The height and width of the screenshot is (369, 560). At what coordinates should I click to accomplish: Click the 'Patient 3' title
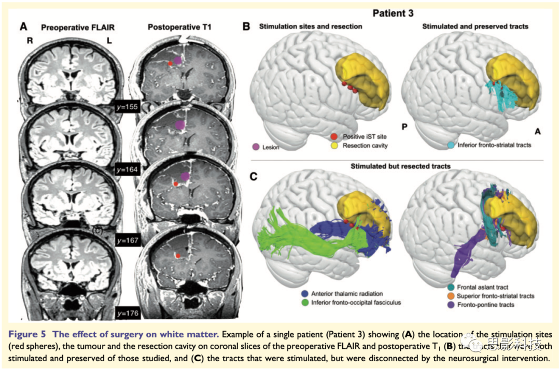pyautogui.click(x=393, y=12)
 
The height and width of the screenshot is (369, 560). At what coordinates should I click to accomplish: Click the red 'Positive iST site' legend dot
pyautogui.click(x=334, y=136)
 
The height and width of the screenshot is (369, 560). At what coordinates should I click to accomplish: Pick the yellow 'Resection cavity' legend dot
pyautogui.click(x=334, y=146)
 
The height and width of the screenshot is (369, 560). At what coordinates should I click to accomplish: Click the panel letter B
pyautogui.click(x=247, y=25)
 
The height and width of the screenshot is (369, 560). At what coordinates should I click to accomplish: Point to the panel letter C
pyautogui.click(x=254, y=177)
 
